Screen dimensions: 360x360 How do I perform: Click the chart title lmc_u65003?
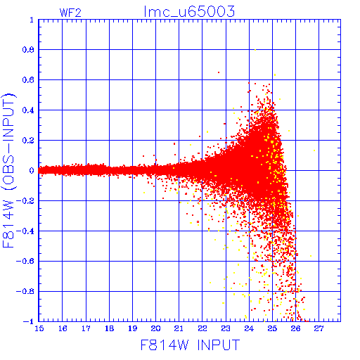click(x=189, y=11)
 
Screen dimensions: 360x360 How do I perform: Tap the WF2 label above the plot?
click(x=70, y=13)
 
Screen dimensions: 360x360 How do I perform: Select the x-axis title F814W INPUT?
click(x=190, y=345)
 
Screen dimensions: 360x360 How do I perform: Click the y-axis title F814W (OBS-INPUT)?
click(x=8, y=170)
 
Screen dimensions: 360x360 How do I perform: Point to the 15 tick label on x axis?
click(x=39, y=328)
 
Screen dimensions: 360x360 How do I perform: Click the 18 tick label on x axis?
click(x=109, y=328)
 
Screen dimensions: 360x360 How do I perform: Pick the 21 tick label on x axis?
click(x=179, y=328)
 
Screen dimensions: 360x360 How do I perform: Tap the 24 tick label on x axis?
click(x=249, y=328)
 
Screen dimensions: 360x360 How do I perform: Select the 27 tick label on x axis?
click(x=319, y=328)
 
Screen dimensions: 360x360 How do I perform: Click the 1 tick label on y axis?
click(x=32, y=20)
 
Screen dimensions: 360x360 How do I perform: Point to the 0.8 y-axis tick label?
click(x=28, y=50)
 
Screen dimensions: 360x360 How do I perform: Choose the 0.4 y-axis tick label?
click(x=28, y=110)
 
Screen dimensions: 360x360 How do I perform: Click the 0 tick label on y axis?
click(x=32, y=171)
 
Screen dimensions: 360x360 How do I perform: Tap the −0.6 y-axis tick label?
click(x=25, y=261)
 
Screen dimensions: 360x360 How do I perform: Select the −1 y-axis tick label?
click(x=28, y=321)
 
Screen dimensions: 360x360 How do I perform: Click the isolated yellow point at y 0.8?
click(x=255, y=50)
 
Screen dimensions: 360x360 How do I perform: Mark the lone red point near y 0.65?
click(x=219, y=72)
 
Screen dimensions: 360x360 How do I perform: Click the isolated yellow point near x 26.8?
click(x=314, y=150)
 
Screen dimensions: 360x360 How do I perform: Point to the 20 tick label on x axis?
click(x=155, y=328)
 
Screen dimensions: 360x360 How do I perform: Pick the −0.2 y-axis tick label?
click(x=25, y=201)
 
